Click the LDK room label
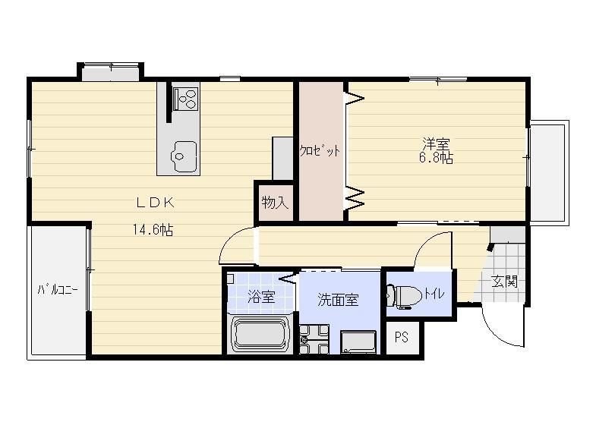point(155,203)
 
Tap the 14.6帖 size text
point(153,229)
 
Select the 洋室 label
point(436,144)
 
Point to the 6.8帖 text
point(436,158)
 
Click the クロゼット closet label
point(320,151)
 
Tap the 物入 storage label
point(275,203)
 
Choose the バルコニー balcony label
point(58,290)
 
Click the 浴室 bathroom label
point(261,297)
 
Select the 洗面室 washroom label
point(338,300)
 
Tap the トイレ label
point(434,294)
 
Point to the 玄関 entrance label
point(504,282)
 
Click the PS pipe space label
point(402,336)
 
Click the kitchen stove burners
point(185,99)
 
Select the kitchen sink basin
point(184,156)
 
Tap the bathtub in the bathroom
point(260,334)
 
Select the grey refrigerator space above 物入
point(282,158)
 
